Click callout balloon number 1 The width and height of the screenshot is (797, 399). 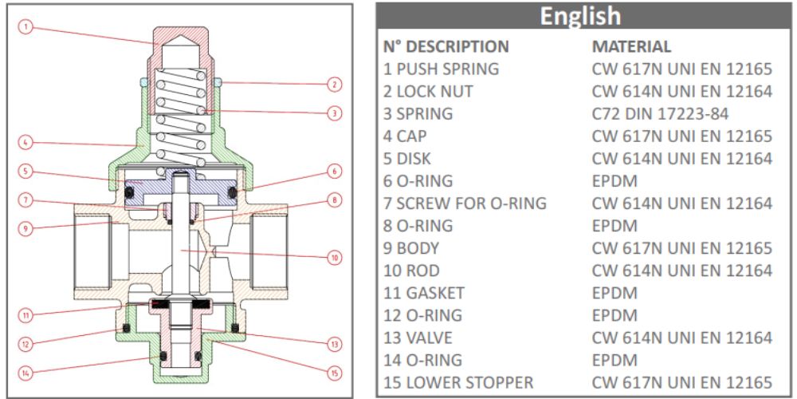click(x=26, y=27)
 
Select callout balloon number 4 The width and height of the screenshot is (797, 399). click(x=26, y=143)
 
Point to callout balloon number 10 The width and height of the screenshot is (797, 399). click(x=335, y=258)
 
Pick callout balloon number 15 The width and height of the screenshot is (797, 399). click(x=335, y=371)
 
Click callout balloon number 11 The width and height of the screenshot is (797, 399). click(x=26, y=314)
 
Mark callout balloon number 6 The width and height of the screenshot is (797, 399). click(x=335, y=171)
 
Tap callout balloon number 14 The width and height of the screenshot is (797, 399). click(x=26, y=371)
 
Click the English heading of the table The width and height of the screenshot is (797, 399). click(x=579, y=16)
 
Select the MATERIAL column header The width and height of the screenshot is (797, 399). click(x=631, y=46)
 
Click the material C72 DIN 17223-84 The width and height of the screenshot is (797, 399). click(x=660, y=113)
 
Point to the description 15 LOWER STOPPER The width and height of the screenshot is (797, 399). click(x=458, y=381)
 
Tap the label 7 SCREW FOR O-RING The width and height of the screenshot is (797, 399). click(x=465, y=203)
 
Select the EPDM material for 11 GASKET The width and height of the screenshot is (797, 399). click(x=614, y=292)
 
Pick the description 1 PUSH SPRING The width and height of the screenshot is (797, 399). click(x=441, y=69)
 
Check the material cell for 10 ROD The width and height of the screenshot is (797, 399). click(x=681, y=270)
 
